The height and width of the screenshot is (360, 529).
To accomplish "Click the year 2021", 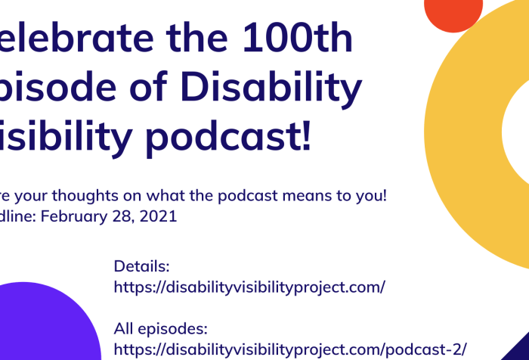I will tap(159, 216).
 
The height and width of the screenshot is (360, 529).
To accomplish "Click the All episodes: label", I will tap(160, 329).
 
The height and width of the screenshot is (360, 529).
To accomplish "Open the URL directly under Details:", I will tap(249, 287).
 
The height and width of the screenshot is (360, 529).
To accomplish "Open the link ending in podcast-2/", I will tap(290, 349).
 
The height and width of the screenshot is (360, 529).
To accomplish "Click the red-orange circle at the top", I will tap(453, 11).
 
